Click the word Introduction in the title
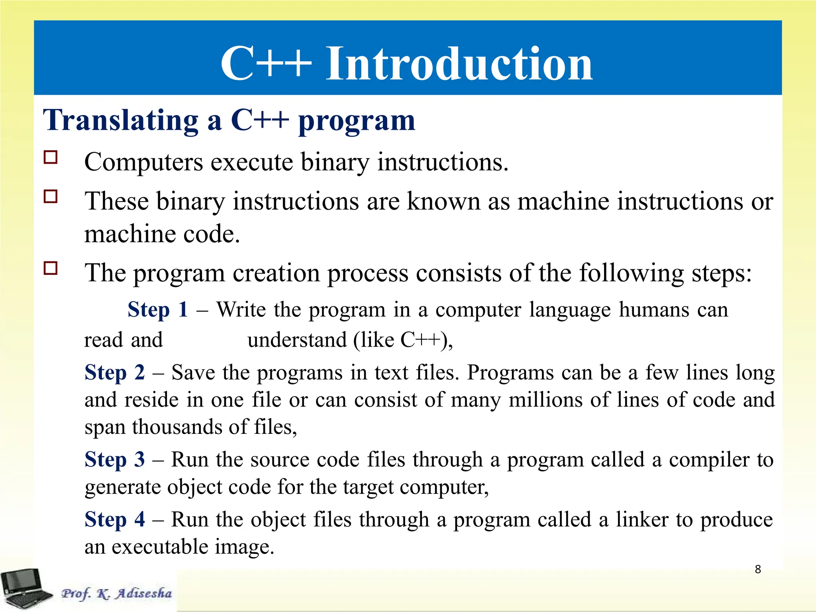(459, 64)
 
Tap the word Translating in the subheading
(120, 120)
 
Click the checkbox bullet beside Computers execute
(51, 157)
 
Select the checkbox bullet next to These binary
(51, 197)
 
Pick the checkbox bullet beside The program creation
(51, 269)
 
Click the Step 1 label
(158, 310)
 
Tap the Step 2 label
(115, 373)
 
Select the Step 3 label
(115, 459)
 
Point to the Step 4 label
(115, 520)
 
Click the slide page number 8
(758, 569)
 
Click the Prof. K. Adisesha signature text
(116, 593)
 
